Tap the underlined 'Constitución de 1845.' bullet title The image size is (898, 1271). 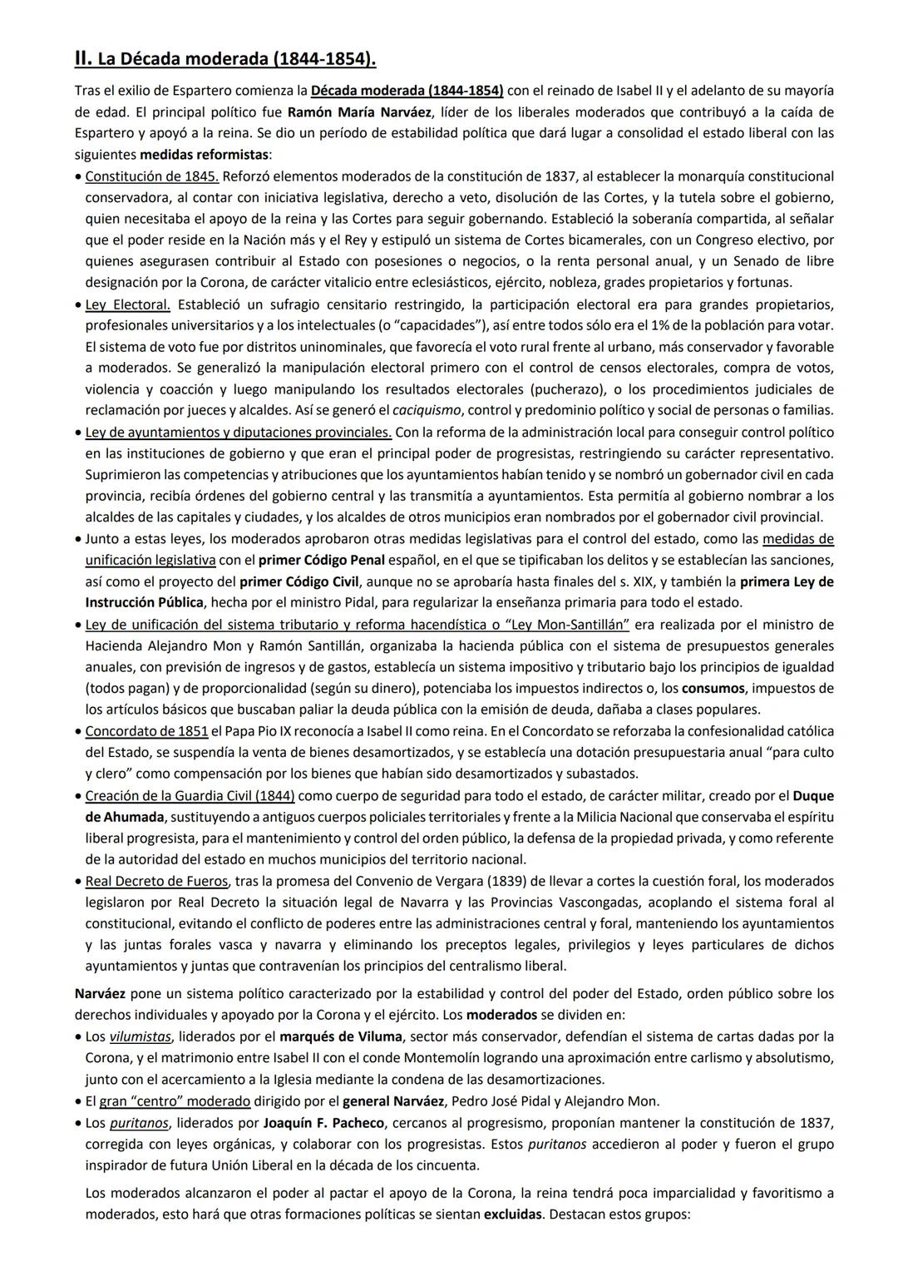pos(151,176)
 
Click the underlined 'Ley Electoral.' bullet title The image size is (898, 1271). pos(127,304)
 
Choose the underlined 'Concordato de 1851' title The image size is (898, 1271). pos(146,731)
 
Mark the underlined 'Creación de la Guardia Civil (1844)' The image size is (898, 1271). pos(190,796)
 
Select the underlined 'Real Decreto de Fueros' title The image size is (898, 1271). pos(156,881)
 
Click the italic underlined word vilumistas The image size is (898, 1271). pos(140,1036)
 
